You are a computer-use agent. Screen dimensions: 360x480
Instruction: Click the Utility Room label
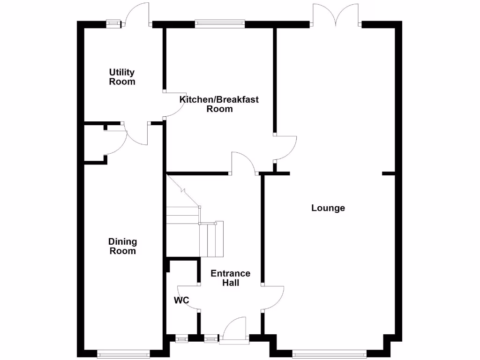[122, 77]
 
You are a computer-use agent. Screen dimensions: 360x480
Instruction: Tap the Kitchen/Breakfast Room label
[219, 104]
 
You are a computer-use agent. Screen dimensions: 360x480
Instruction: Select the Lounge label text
[328, 208]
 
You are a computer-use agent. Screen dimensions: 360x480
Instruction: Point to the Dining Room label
[123, 246]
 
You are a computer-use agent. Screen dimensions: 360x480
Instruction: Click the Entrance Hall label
[230, 278]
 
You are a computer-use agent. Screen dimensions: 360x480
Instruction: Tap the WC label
[181, 300]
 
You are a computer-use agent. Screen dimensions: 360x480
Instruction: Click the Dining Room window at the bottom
[124, 354]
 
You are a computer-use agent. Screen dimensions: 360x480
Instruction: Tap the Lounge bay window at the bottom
[329, 354]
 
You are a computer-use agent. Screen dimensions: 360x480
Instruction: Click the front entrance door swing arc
[236, 328]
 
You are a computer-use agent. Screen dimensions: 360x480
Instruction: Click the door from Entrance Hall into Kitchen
[242, 162]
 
